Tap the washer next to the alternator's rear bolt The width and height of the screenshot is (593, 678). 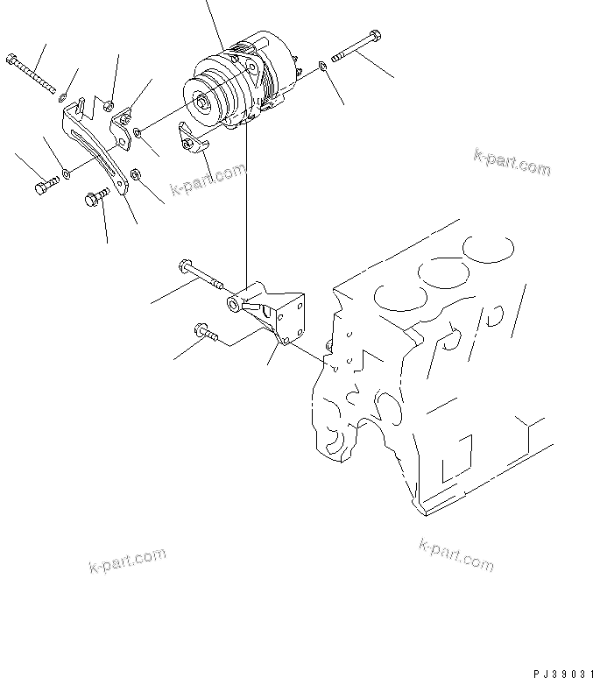324,64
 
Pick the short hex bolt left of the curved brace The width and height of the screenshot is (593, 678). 47,186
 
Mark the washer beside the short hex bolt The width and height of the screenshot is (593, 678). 67,176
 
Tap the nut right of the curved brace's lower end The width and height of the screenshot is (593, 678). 135,176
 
